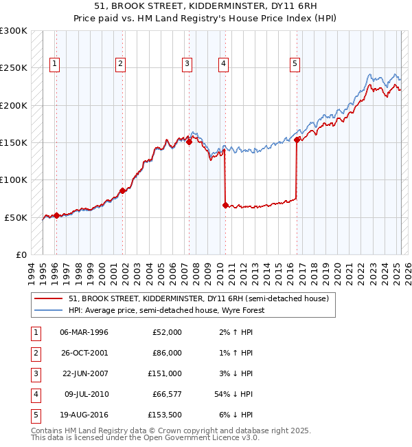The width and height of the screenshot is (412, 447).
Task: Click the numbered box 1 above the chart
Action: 55,65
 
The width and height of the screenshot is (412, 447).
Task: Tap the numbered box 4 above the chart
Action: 224,65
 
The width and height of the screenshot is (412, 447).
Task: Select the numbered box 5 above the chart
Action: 295,65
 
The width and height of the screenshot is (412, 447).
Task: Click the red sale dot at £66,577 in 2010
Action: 225,205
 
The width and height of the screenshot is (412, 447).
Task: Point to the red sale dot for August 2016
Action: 297,140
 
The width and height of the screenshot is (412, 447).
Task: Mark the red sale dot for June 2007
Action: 189,142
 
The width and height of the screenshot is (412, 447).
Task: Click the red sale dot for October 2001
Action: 122,190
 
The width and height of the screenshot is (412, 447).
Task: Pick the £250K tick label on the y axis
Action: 14,68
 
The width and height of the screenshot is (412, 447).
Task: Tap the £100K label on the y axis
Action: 14,179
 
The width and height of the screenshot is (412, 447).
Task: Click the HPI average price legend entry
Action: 167,310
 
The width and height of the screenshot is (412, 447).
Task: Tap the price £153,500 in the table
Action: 165,415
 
